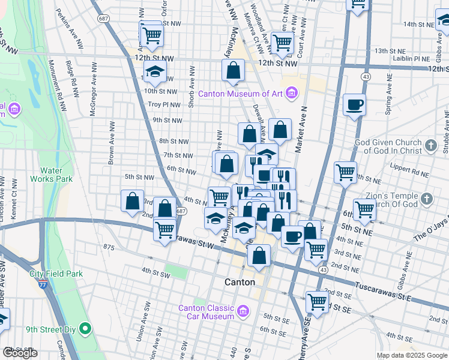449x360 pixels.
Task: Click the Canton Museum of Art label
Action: [x=240, y=94]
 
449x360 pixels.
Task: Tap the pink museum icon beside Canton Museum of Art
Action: [x=292, y=93]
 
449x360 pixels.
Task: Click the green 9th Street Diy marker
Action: [x=86, y=329]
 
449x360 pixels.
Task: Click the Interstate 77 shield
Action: [x=41, y=277]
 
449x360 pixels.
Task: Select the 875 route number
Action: [x=109, y=247]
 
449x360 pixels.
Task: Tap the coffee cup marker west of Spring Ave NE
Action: [x=354, y=105]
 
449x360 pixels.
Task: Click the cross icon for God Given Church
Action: [x=430, y=145]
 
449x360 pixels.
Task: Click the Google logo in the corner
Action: [x=20, y=353]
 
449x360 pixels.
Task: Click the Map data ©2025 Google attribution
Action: [x=412, y=355]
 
